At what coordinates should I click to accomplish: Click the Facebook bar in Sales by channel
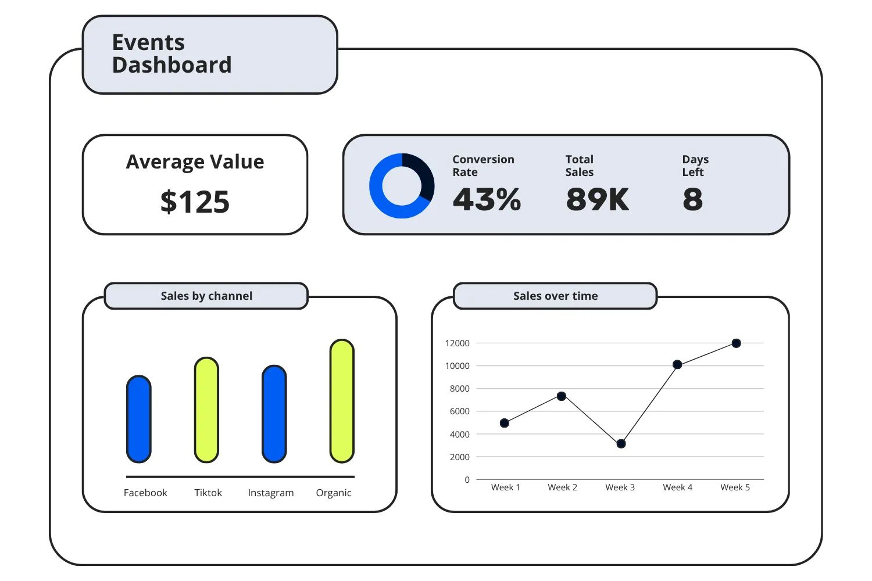139,419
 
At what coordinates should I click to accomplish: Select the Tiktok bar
206,410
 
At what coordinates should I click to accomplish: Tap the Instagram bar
274,414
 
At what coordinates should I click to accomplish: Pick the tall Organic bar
342,401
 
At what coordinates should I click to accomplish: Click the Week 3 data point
621,444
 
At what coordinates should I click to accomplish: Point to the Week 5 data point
736,343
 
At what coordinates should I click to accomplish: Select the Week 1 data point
505,423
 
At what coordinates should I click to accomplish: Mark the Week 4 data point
677,365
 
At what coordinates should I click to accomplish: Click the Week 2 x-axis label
562,487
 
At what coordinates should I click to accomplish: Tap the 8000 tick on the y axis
459,389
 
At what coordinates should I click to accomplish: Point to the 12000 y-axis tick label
457,343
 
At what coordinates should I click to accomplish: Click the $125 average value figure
195,202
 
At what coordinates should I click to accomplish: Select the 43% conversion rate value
487,199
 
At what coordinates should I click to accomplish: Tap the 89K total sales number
597,199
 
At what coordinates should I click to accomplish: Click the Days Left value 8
692,199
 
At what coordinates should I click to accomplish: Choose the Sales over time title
555,296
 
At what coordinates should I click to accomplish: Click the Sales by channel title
206,296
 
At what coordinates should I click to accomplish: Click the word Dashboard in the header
172,65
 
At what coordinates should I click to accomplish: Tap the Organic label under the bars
334,493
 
